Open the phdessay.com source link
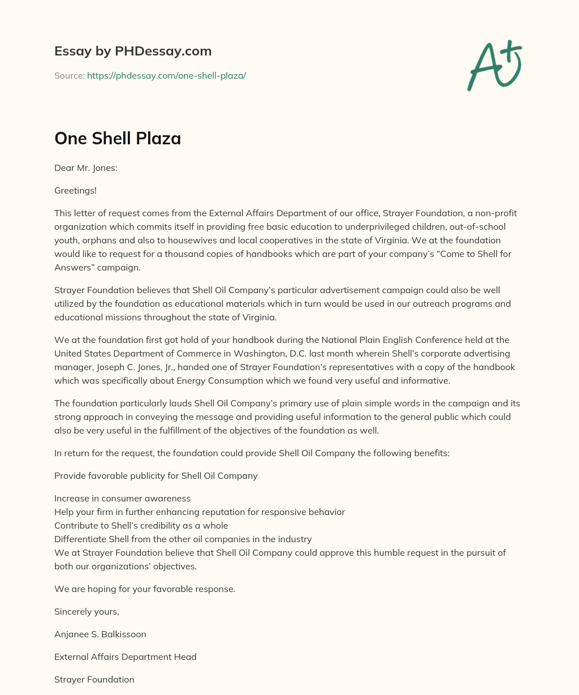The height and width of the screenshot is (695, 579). tap(166, 75)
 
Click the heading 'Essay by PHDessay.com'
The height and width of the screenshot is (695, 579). tap(133, 51)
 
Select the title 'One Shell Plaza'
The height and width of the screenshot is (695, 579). tap(118, 138)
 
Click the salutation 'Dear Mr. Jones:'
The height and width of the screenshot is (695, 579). tap(85, 168)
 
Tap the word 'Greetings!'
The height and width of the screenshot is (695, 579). tap(75, 190)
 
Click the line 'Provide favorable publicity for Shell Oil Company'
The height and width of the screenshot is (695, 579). tap(156, 475)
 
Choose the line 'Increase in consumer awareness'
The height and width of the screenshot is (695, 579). tap(122, 498)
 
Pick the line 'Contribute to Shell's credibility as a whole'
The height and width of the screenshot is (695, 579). tap(141, 525)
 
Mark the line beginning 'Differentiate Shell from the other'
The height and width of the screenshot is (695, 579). tap(183, 539)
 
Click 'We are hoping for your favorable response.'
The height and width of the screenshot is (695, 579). tap(145, 589)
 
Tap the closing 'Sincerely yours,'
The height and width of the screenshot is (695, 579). tap(87, 611)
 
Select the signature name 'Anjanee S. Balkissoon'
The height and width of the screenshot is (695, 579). tap(100, 634)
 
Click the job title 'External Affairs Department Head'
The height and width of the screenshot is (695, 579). tap(126, 657)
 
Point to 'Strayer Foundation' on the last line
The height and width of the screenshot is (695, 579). tap(94, 679)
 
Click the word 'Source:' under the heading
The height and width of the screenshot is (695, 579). tap(69, 75)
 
